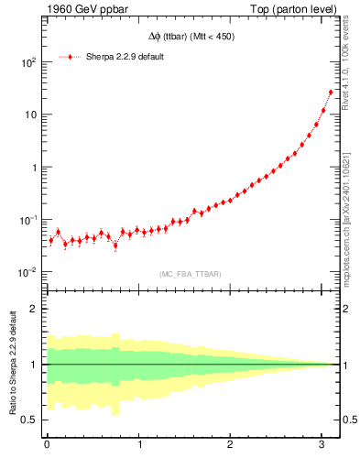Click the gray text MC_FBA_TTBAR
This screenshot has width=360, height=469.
(191, 274)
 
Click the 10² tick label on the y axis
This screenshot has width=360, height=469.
(28, 62)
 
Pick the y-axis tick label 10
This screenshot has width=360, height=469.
(31, 115)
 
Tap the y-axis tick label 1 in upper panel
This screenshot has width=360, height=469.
(34, 168)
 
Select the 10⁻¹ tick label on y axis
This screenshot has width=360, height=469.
(28, 220)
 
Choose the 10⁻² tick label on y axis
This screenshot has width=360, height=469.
(28, 272)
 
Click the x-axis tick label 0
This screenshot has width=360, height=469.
(47, 445)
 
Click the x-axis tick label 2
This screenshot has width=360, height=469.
(231, 445)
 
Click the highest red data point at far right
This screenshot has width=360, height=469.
(330, 92)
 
